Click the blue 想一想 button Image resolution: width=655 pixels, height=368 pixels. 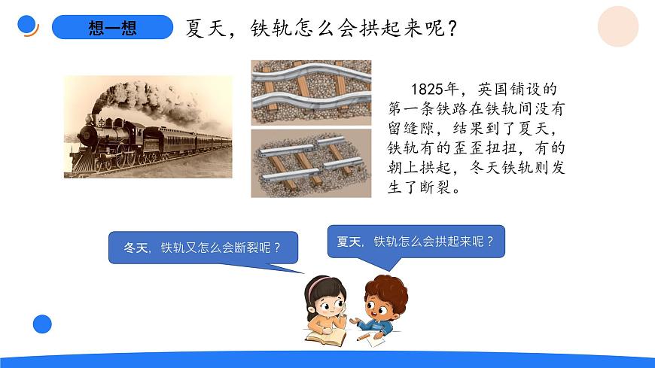112,28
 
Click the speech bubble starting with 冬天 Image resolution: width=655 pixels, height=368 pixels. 203,248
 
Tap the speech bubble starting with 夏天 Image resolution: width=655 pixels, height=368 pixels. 415,242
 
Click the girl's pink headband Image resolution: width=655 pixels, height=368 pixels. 321,284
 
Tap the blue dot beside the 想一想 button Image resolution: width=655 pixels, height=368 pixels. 27,25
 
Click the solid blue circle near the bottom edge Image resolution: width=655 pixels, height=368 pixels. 42,324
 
